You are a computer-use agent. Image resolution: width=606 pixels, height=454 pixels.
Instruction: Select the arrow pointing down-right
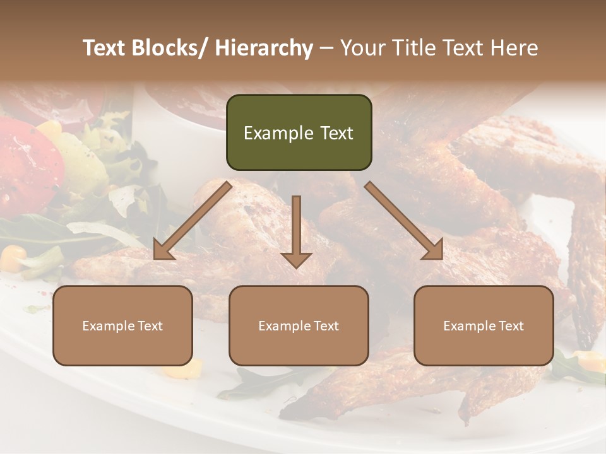coord(405,221)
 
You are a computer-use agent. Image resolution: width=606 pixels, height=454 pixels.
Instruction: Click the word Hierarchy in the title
coord(264,49)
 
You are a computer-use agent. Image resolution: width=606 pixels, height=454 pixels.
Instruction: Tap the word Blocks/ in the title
coord(169,48)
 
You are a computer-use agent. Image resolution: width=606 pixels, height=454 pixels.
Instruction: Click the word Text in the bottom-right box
coord(510,326)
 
